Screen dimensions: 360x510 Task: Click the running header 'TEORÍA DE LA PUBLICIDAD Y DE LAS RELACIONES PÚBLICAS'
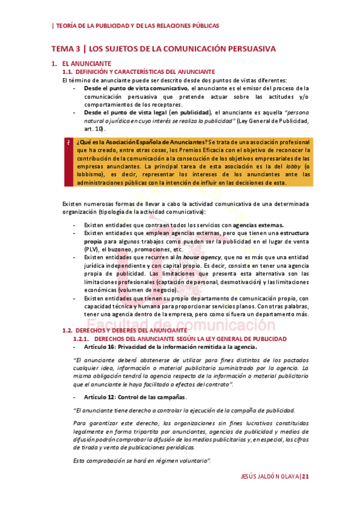pos(136,26)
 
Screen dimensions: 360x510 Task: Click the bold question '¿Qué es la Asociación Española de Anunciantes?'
pos(141,141)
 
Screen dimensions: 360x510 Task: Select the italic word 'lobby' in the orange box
pos(291,166)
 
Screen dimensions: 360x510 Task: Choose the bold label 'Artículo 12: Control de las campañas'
pos(135,397)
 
